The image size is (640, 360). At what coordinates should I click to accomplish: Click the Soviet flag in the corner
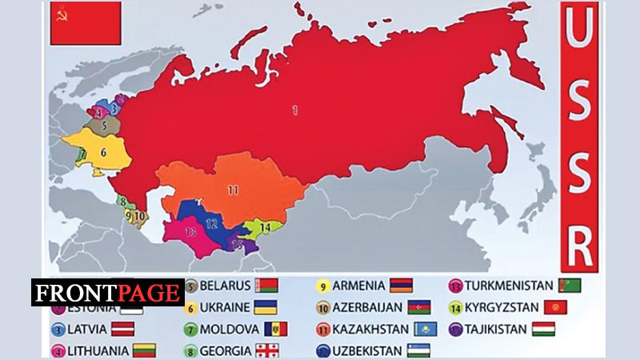[x=85, y=23]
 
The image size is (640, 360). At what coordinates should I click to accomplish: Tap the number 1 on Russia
[x=294, y=110]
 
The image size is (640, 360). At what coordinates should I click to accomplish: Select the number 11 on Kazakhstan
[x=232, y=190]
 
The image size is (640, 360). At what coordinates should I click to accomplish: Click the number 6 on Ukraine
[x=103, y=151]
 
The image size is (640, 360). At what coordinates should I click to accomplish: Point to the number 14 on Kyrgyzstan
[x=263, y=227]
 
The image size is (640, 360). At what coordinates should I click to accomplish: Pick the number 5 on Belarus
[x=104, y=126]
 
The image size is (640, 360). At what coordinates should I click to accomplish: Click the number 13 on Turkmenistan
[x=190, y=232]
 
